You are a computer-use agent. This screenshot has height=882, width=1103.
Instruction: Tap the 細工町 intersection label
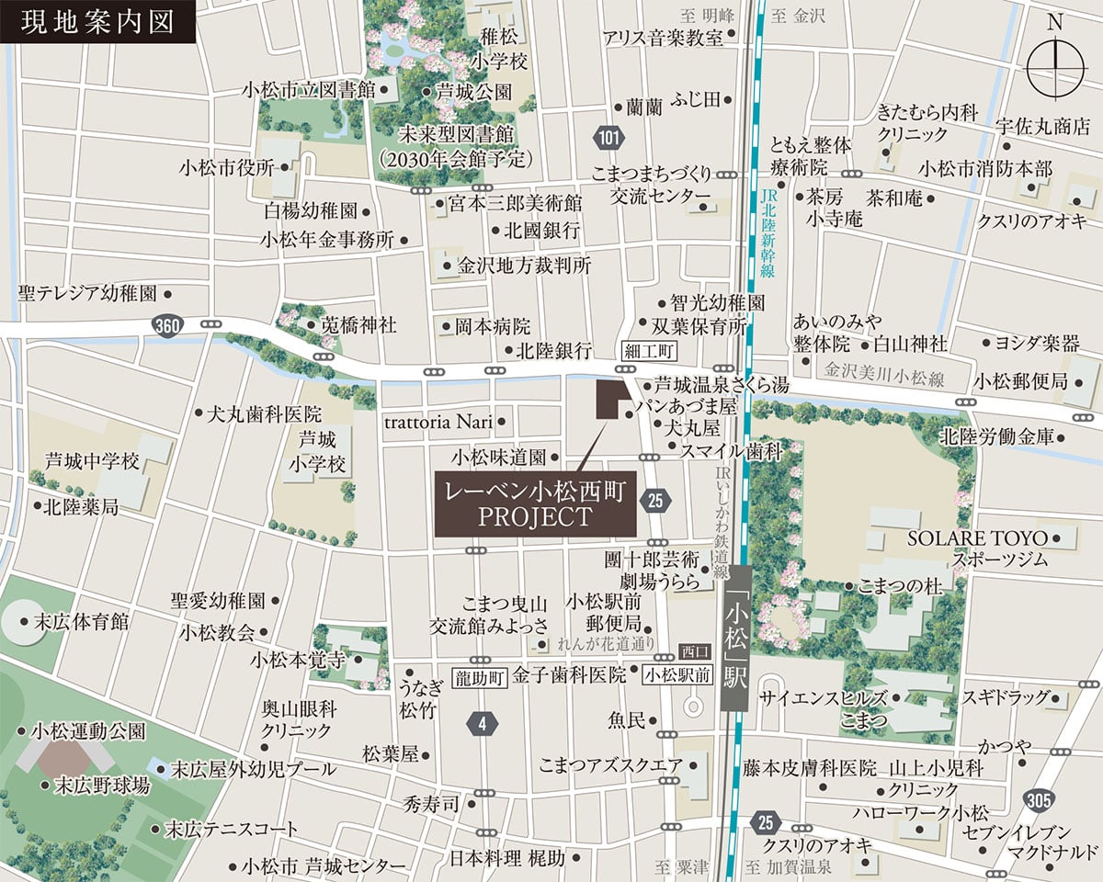[649, 351]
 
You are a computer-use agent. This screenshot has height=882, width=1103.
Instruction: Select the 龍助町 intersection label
[480, 678]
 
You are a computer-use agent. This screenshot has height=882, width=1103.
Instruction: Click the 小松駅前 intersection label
[677, 675]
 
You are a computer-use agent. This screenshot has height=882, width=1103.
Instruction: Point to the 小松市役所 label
[228, 168]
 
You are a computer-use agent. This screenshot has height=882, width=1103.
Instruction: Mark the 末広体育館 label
[81, 622]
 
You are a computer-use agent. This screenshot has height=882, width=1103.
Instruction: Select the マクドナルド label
[1052, 854]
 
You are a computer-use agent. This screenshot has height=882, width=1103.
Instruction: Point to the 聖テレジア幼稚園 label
[88, 294]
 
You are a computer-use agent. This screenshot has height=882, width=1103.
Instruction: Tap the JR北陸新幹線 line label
[768, 233]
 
